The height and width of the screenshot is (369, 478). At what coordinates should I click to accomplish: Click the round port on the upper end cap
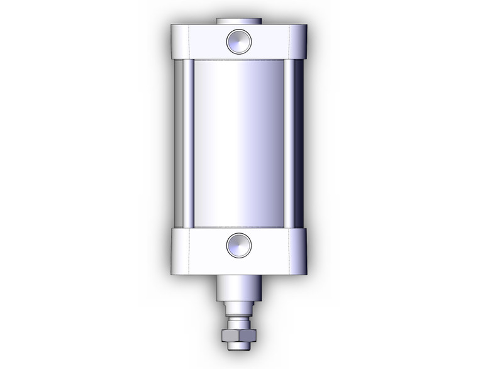239,41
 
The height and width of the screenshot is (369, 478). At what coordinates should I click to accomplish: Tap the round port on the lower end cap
239,245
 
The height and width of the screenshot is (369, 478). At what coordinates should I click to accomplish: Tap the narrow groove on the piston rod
238,314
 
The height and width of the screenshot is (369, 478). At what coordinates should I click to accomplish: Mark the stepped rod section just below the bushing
238,306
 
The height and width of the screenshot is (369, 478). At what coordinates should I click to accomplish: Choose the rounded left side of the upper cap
175,41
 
